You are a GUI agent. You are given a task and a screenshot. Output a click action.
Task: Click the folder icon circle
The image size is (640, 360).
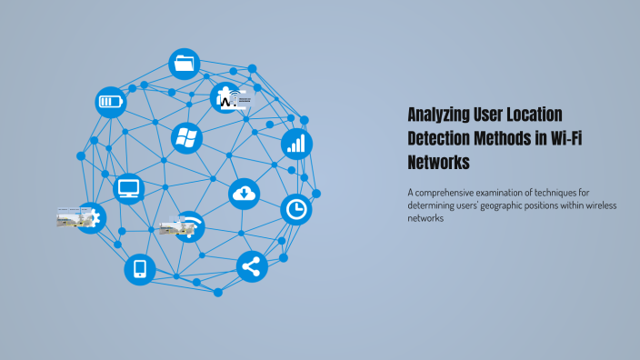point(184,64)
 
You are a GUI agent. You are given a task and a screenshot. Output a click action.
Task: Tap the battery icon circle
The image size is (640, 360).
point(110,101)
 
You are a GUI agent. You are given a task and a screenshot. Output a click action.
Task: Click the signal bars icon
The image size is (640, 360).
point(296,143)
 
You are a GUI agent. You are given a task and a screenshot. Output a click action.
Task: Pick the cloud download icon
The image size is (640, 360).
point(244,193)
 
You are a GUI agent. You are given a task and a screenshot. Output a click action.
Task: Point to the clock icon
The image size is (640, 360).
point(295,210)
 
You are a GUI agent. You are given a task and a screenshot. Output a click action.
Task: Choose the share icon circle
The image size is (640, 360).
point(252,267)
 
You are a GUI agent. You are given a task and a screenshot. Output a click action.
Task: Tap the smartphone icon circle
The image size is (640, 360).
point(140,269)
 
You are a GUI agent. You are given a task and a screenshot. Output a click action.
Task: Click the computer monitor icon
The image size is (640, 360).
point(130,189)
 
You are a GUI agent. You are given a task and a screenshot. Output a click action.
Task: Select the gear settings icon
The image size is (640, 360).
point(93,217)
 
